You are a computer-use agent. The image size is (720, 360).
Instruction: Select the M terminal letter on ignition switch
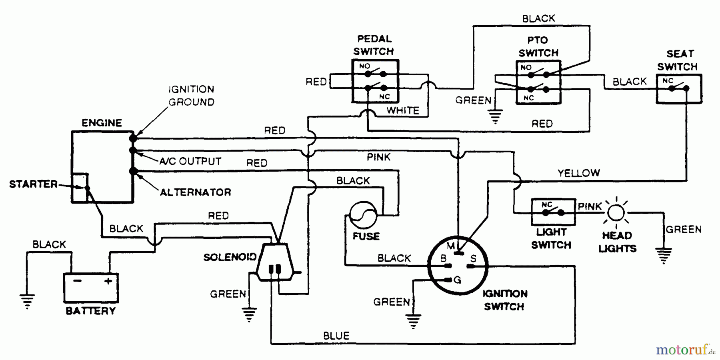click(x=450, y=245)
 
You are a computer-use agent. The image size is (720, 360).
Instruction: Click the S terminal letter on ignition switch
click(x=473, y=259)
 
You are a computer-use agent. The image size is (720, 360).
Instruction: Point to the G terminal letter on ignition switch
click(x=457, y=280)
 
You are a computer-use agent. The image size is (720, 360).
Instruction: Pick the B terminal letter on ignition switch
click(x=443, y=259)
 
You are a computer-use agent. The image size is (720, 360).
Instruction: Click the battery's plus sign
click(x=108, y=281)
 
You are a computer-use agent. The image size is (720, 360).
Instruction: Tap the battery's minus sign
click(x=77, y=281)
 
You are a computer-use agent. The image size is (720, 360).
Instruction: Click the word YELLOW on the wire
click(x=578, y=173)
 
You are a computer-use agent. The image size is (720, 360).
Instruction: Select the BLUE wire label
click(x=336, y=336)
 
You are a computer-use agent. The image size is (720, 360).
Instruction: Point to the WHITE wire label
click(x=402, y=110)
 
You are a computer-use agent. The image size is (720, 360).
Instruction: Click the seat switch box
click(x=679, y=89)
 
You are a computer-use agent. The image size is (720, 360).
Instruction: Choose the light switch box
click(x=553, y=212)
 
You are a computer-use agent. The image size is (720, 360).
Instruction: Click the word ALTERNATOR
click(x=195, y=192)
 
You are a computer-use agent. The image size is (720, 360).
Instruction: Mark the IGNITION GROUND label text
click(x=191, y=96)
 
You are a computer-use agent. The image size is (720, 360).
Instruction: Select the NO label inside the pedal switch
click(x=364, y=66)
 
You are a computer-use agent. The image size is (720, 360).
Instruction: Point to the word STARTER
click(x=33, y=184)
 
